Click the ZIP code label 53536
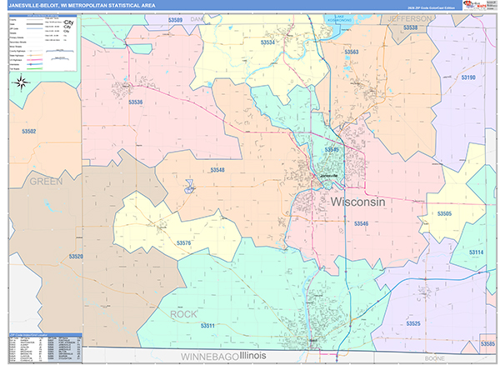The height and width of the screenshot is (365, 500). pos(136,102)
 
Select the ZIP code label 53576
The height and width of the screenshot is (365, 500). pos(184,242)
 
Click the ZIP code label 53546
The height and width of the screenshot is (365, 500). pos(361,223)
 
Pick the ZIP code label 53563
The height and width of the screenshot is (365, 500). pos(351,52)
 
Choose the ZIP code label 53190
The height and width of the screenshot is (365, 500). pos(467,77)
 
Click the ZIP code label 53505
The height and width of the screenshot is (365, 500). pos(444,214)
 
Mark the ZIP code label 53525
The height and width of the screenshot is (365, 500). pos(413,322)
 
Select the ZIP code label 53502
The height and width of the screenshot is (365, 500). pos(29,132)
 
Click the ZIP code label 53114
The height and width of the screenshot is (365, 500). pos(476,252)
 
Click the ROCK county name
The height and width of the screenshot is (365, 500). pos(184,314)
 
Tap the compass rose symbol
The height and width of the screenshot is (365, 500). pos(22,82)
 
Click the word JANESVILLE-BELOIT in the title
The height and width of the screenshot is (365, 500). pos(43,6)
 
